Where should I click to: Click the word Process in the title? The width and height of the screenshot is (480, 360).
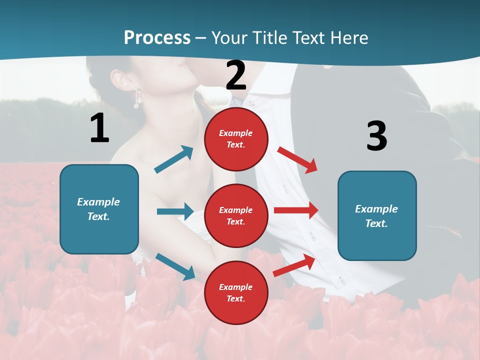[157, 37]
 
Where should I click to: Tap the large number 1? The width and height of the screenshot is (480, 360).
[99, 128]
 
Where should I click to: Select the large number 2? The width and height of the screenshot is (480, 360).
[236, 75]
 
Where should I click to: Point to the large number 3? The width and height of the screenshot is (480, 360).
[376, 135]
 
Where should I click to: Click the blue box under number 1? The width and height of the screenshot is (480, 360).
[99, 209]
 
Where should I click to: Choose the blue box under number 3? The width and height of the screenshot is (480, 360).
[377, 215]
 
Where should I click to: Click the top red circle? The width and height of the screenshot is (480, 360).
[236, 138]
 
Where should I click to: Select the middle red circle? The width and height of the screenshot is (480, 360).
[236, 215]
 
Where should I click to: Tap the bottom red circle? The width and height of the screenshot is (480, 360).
[236, 292]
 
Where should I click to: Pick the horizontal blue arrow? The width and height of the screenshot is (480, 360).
[175, 211]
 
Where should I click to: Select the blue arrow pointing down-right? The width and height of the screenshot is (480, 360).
[175, 266]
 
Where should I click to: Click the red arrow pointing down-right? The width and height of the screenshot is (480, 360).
[297, 160]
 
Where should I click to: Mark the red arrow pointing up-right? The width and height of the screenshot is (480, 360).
[294, 265]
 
